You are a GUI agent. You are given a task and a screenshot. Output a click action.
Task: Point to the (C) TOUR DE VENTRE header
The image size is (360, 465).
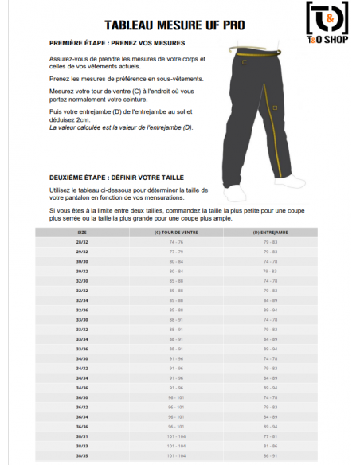point(175,232)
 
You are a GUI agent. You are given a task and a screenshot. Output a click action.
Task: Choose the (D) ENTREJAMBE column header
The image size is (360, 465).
point(271,232)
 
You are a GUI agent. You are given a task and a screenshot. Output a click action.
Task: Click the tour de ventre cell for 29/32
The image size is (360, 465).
point(175,251)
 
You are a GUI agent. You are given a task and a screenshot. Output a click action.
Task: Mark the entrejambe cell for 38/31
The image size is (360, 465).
point(271,436)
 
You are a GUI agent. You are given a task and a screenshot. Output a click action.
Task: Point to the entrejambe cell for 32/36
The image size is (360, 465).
point(271,310)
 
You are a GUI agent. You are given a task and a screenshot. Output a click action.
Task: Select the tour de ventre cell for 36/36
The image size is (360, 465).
point(175,427)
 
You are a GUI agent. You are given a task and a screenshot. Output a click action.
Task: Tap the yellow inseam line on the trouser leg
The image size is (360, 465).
point(278,135)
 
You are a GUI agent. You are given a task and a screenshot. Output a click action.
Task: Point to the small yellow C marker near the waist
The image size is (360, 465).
point(245,62)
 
